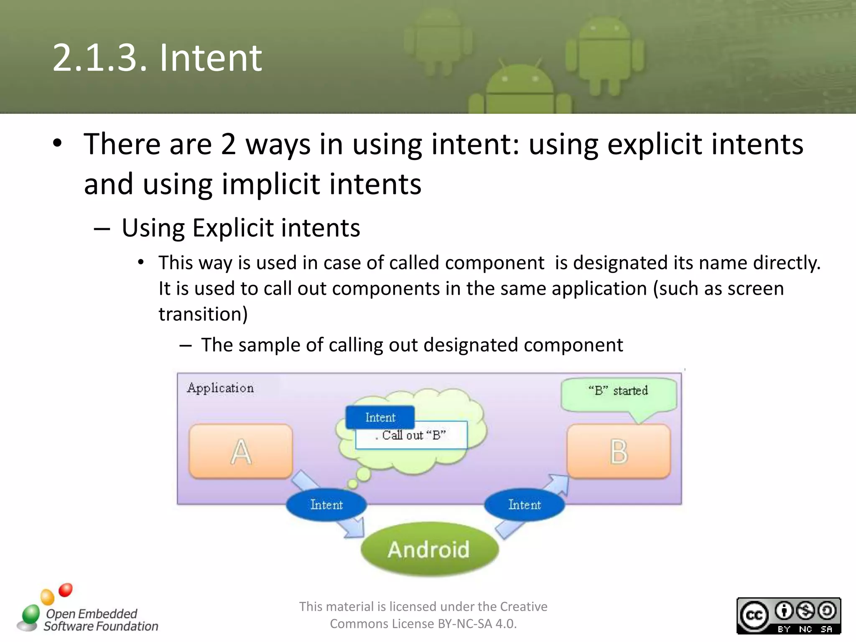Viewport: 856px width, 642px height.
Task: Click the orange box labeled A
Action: (x=241, y=451)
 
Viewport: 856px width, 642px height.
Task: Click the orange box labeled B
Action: (x=619, y=451)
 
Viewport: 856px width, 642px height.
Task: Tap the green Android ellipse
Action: (x=429, y=549)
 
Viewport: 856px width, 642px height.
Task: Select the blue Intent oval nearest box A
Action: (x=326, y=505)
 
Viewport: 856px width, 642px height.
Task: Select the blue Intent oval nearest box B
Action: (x=525, y=505)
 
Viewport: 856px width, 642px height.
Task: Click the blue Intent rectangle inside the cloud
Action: (x=380, y=417)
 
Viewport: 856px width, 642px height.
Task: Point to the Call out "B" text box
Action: (x=412, y=436)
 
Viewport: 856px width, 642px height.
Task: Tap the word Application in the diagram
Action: (x=220, y=388)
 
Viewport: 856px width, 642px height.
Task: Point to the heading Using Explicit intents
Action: (x=241, y=228)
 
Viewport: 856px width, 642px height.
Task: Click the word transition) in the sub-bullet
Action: (x=203, y=314)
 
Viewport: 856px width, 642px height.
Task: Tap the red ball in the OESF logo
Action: (x=66, y=590)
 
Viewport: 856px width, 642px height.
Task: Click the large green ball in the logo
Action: (x=31, y=614)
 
